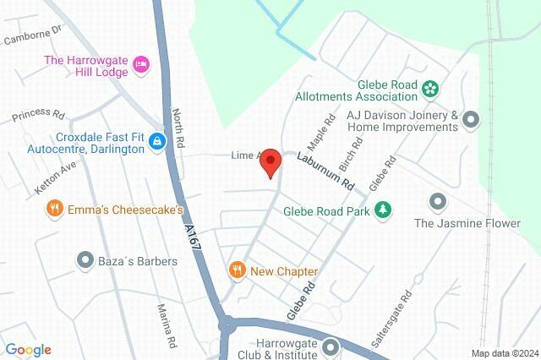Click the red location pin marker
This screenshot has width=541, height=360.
click(x=270, y=161)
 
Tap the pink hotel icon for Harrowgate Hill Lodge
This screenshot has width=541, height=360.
click(x=141, y=63)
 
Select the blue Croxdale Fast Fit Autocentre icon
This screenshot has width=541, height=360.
click(x=156, y=141)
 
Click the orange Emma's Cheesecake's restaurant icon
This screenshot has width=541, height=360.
click(x=55, y=208)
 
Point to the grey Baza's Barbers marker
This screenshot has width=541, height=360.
click(x=85, y=260)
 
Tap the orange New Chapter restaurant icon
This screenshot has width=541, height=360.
click(x=238, y=270)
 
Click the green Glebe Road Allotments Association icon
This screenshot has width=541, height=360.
click(x=429, y=88)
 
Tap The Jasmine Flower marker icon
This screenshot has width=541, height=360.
click(x=437, y=202)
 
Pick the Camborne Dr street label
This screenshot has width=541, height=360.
click(x=33, y=34)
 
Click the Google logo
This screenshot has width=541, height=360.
click(x=28, y=349)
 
